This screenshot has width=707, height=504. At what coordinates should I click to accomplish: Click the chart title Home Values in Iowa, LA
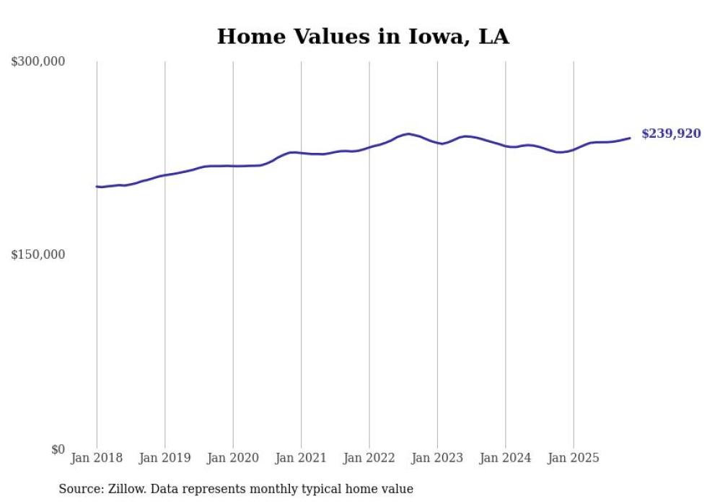pos(363,37)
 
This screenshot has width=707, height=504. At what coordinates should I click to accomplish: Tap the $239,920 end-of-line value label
pos(670,133)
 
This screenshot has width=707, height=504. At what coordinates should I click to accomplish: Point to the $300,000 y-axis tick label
pos(38,62)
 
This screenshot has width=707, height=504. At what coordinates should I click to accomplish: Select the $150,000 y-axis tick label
pos(38,255)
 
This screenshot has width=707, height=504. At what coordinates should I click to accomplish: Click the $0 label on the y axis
pos(57,449)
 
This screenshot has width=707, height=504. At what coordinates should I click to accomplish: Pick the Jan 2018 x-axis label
pos(97,458)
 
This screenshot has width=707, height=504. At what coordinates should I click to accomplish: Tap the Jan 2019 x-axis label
pos(165,458)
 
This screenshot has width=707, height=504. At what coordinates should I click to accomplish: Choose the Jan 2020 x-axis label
pos(233,458)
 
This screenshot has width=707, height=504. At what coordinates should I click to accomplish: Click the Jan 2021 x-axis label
pos(301,458)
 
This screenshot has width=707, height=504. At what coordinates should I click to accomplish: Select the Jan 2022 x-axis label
pos(369,458)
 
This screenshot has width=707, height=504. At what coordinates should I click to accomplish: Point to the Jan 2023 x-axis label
pos(437,458)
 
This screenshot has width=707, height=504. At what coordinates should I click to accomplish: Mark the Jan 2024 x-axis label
pos(506,458)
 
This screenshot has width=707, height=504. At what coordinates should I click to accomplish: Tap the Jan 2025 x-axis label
pos(574,458)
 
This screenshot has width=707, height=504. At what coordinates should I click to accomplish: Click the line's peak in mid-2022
pos(408,133)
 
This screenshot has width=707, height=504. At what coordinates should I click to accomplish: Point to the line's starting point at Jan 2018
pos(97,187)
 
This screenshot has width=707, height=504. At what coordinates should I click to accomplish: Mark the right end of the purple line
pos(630,138)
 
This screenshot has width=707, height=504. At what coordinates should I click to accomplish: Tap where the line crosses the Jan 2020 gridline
pos(233,166)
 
